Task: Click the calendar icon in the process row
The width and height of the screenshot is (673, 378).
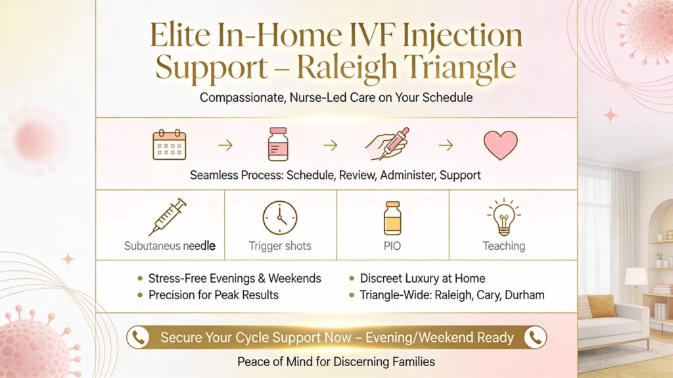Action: tap(170, 145)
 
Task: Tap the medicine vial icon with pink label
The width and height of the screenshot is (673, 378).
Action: tap(278, 145)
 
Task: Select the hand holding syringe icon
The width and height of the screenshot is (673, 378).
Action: tap(389, 146)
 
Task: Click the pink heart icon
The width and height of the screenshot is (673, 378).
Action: tap(500, 145)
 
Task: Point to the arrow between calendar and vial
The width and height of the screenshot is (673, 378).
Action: tap(225, 145)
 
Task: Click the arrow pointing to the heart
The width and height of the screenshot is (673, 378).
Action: tap(446, 145)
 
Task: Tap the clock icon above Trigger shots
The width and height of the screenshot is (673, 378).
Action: tap(280, 218)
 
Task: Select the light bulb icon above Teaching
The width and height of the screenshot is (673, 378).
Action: tap(504, 218)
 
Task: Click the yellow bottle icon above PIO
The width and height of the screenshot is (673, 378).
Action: tap(392, 218)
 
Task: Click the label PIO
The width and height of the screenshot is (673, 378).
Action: tap(392, 246)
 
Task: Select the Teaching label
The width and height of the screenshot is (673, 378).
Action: tap(504, 246)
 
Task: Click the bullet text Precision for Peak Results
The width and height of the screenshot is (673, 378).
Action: tap(214, 295)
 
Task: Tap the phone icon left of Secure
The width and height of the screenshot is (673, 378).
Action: tap(139, 337)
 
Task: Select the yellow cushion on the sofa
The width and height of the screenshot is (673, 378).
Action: tap(601, 306)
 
